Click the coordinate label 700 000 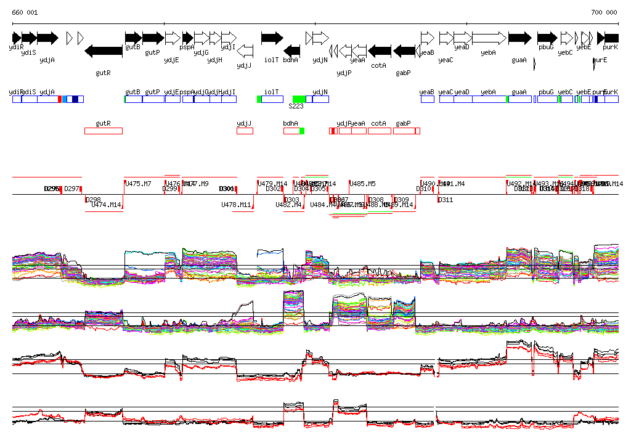(x=604, y=13)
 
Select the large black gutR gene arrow (x=104, y=51)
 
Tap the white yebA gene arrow (x=489, y=38)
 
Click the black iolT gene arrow (x=272, y=38)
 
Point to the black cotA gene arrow (x=380, y=51)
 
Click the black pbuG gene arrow (x=547, y=38)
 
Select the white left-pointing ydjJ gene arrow (x=245, y=50)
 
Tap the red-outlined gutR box (x=104, y=131)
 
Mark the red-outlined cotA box (x=380, y=131)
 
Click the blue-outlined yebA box (x=489, y=99)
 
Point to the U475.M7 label (x=138, y=184)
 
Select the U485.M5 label (x=362, y=184)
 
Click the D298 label (x=93, y=200)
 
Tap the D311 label (x=446, y=200)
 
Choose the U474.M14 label (x=107, y=205)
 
